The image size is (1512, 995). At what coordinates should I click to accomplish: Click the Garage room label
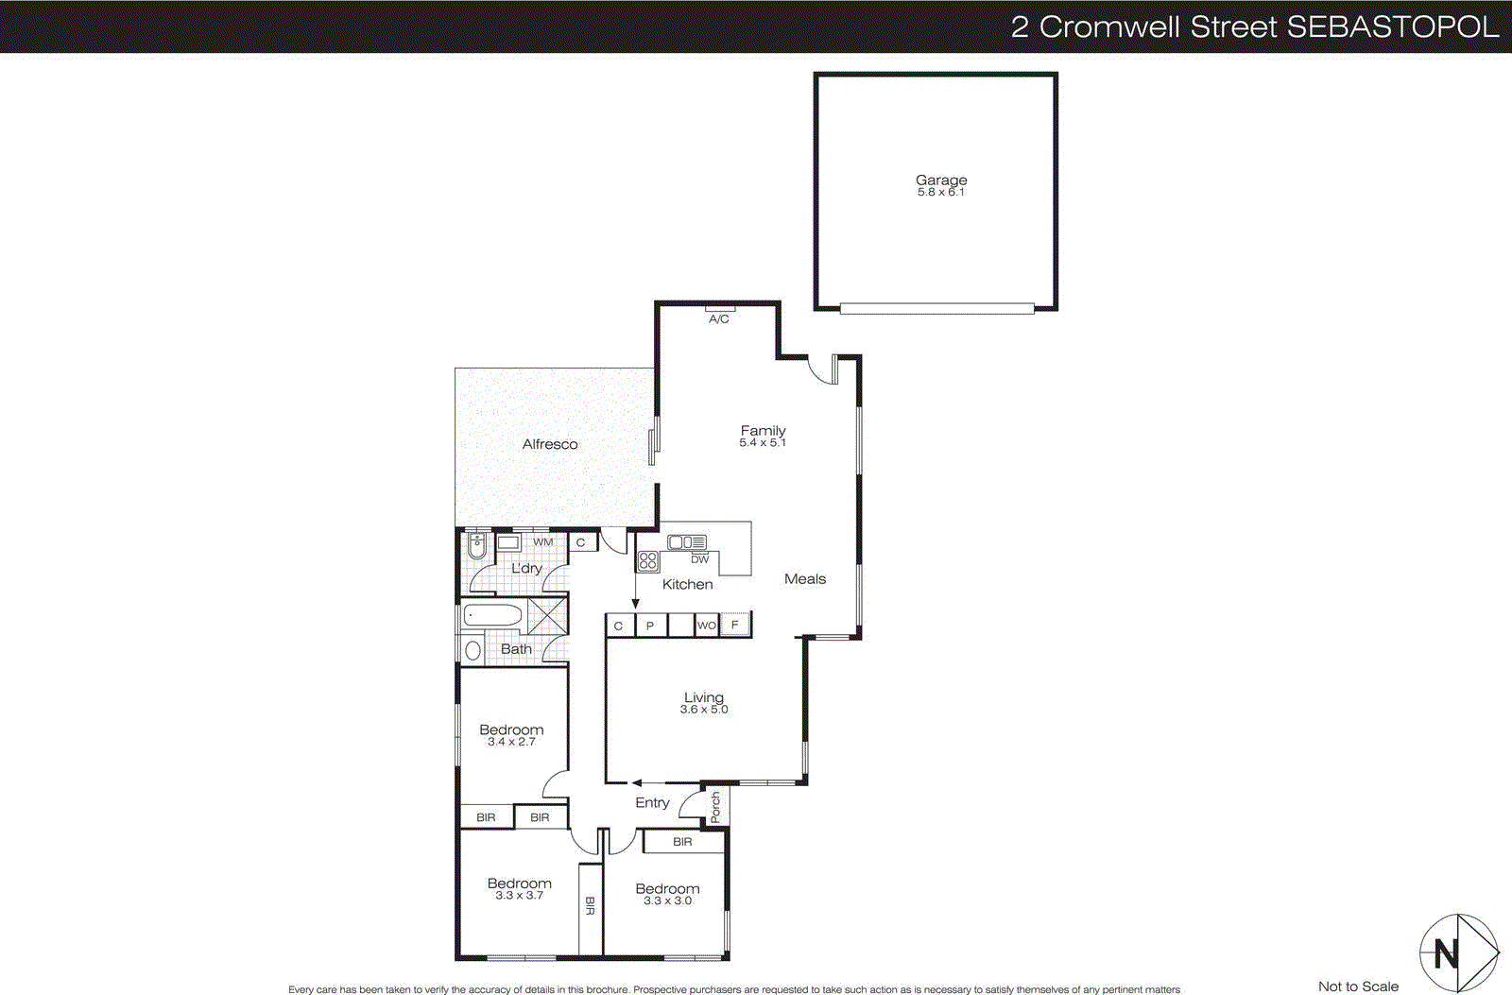point(941,180)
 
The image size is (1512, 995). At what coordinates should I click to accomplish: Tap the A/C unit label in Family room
point(719,319)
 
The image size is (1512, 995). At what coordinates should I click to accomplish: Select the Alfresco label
point(550,444)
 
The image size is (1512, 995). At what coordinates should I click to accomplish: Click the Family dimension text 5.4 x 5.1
point(763,443)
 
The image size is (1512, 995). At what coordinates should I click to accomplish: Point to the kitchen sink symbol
point(687,542)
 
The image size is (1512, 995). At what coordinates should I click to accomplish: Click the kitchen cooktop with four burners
point(648,561)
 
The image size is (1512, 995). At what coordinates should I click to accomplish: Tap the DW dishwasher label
point(699,559)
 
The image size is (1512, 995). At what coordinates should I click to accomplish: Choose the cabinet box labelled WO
point(706,626)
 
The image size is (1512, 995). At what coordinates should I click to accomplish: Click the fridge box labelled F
point(735,625)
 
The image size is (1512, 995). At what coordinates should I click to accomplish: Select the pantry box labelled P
point(650,626)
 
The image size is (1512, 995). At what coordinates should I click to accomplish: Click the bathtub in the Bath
point(492,616)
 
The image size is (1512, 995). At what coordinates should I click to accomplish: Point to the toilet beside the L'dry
point(477,545)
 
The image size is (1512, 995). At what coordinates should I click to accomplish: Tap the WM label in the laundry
point(542,542)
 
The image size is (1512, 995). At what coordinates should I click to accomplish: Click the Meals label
point(805,579)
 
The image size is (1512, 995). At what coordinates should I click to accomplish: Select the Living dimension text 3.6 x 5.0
point(704,710)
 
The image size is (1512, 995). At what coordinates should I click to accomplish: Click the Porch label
point(715,807)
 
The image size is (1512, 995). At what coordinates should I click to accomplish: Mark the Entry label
point(652,802)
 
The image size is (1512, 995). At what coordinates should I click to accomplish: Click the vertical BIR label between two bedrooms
point(590,906)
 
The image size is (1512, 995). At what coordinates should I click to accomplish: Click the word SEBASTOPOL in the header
point(1392,26)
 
